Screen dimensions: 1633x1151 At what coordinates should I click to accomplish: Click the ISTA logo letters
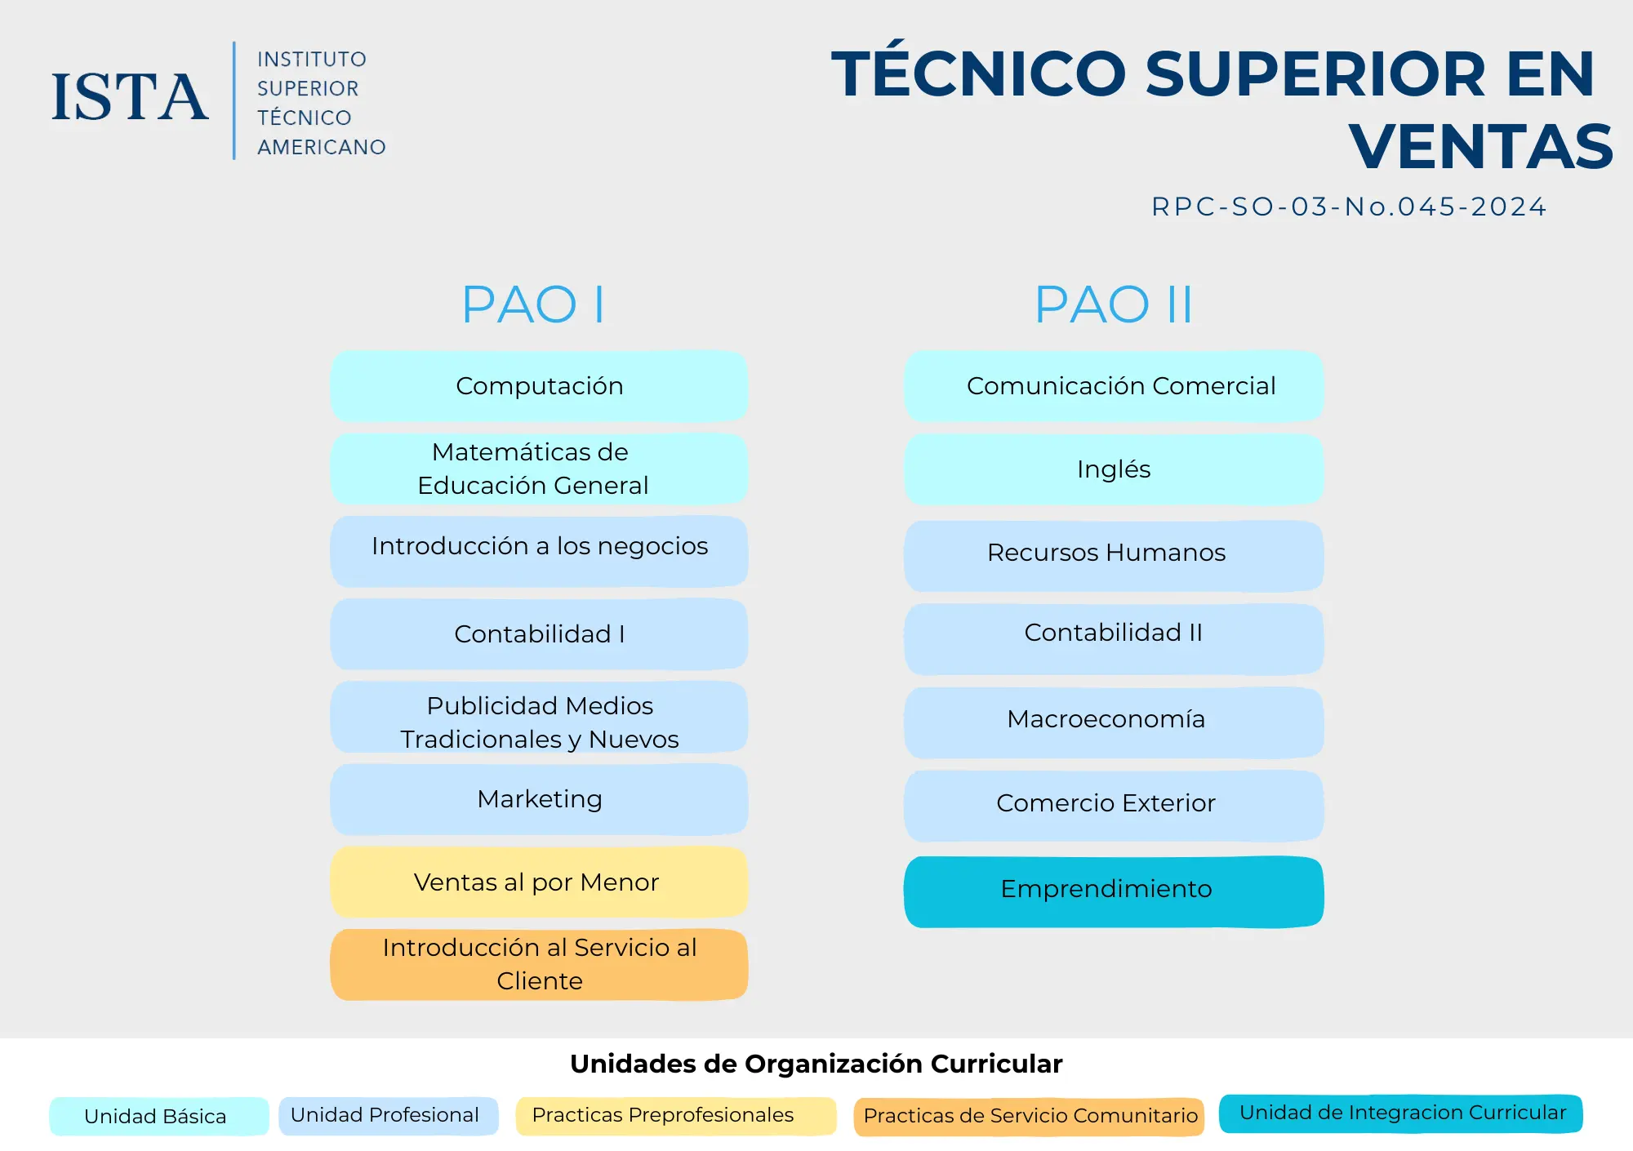click(x=130, y=97)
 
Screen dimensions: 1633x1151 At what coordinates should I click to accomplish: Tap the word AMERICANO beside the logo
click(x=322, y=148)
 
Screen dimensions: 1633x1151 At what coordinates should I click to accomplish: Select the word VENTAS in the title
click(x=1481, y=147)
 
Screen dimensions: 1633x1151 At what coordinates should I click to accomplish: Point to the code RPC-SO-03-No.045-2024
click(x=1349, y=207)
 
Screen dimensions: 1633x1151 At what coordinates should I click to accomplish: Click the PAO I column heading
click(x=533, y=304)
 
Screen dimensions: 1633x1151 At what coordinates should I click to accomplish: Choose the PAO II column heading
click(x=1114, y=304)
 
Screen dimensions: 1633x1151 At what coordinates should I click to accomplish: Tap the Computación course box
click(x=539, y=386)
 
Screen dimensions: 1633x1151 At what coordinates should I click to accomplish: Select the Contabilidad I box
click(x=539, y=634)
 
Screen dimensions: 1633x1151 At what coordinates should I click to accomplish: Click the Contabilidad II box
click(x=1114, y=639)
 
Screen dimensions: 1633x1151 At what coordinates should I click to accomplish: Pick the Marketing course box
click(x=539, y=799)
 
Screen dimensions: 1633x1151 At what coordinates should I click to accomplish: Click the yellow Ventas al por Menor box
click(x=539, y=882)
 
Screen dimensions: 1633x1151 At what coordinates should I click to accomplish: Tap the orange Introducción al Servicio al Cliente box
click(x=539, y=965)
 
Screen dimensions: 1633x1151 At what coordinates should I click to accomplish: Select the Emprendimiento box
click(x=1114, y=891)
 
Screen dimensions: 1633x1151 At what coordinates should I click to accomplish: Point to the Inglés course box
click(x=1114, y=469)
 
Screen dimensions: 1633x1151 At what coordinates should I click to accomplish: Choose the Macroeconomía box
click(x=1114, y=722)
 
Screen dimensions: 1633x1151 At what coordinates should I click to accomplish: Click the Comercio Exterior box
click(x=1114, y=806)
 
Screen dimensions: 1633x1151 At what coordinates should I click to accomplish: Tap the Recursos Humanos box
click(x=1114, y=556)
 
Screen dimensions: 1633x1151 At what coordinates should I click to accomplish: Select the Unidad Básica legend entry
click(x=158, y=1116)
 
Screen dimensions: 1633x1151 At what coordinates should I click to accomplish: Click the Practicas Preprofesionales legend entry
click(x=676, y=1116)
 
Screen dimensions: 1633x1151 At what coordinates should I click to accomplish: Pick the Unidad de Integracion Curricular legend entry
click(x=1401, y=1113)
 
